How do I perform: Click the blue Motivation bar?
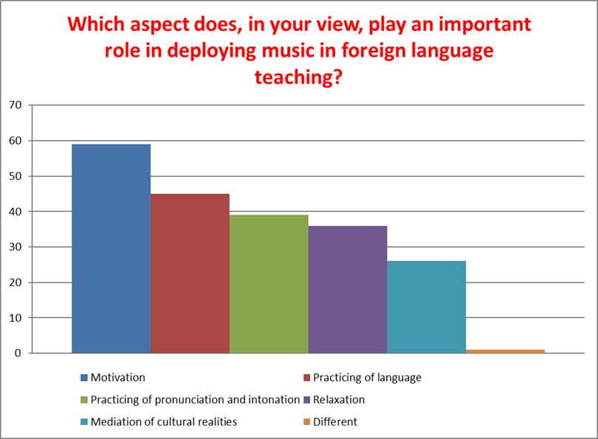111,249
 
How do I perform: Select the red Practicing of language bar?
190,273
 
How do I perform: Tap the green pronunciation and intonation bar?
269,284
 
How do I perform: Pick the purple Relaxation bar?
348,289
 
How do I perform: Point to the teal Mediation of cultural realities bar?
427,307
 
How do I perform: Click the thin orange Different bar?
505,351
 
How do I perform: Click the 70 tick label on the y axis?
16,105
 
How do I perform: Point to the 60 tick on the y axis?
16,141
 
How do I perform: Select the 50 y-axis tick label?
16,176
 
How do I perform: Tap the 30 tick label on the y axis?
16,247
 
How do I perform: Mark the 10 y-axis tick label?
16,318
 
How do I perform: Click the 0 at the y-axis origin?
18,353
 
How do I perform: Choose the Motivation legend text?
118,378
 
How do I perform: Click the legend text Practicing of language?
367,378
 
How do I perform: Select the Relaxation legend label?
339,400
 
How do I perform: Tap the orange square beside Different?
306,422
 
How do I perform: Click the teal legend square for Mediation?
84,422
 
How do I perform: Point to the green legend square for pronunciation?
84,400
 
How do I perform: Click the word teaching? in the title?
298,77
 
